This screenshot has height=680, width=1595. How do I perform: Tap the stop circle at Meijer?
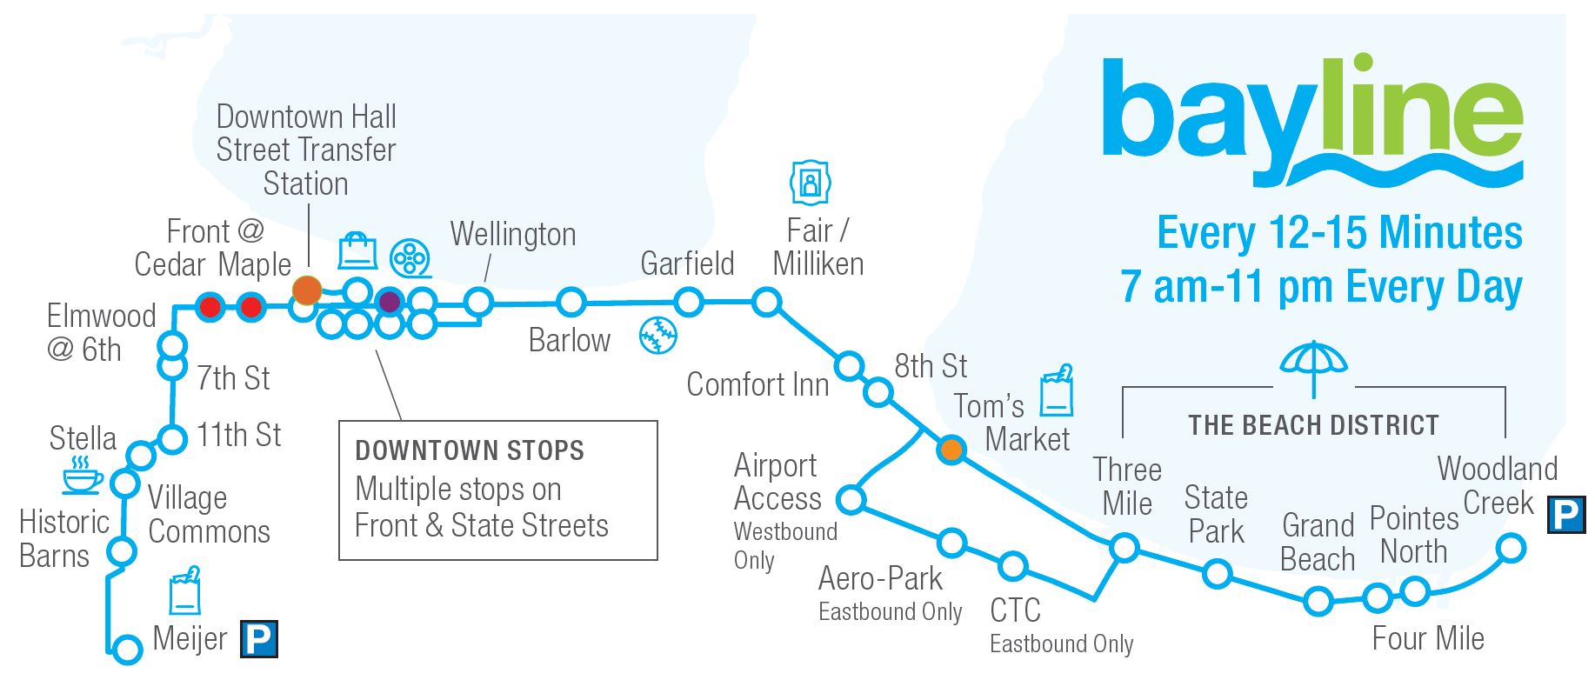click(127, 649)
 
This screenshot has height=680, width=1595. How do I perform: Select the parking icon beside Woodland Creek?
click(1566, 514)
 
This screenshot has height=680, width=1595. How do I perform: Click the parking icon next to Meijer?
click(258, 639)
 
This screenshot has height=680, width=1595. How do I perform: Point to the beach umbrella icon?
click(1313, 366)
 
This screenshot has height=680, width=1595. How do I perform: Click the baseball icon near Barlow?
click(657, 335)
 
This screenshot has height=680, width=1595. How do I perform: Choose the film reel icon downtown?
click(410, 258)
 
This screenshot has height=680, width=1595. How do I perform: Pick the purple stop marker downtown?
click(390, 302)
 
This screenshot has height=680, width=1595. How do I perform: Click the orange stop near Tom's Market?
click(951, 450)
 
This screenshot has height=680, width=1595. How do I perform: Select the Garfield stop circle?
click(689, 303)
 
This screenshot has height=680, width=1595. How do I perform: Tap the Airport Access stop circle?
click(851, 499)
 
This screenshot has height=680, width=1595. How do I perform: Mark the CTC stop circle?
click(1012, 566)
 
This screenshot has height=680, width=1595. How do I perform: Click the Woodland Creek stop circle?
click(1511, 548)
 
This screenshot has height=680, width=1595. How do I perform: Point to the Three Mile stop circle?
click(1125, 547)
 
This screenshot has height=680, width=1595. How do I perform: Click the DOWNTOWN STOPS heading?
click(470, 450)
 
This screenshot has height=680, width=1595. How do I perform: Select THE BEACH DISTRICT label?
click(1313, 425)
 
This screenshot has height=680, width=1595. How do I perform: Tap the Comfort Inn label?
click(757, 384)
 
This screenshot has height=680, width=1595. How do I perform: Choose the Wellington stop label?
click(513, 235)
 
